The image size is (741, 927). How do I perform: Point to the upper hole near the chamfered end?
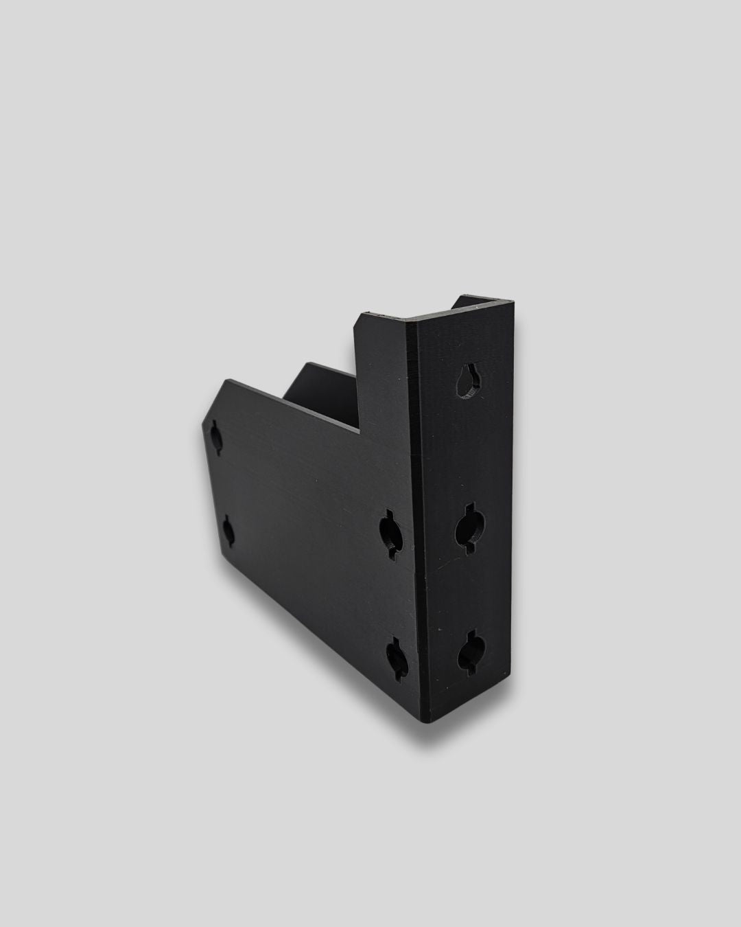tap(217, 437)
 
